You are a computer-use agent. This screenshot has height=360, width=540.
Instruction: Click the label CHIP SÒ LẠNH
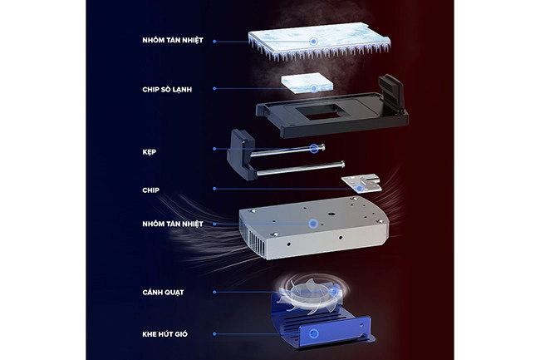point(167,90)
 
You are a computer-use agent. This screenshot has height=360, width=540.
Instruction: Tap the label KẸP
point(149,152)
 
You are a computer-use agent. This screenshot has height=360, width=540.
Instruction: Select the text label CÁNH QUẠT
point(163,293)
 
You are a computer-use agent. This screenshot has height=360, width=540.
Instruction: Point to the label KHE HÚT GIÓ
point(165,334)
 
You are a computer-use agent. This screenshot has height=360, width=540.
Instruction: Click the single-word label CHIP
point(151,190)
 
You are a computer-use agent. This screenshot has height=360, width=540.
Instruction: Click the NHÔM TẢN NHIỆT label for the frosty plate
point(173,40)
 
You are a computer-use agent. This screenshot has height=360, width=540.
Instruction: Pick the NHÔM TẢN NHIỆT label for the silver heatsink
point(173,224)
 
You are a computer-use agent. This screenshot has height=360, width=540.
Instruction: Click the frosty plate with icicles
point(319,42)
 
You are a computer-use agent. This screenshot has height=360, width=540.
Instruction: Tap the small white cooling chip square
point(307,83)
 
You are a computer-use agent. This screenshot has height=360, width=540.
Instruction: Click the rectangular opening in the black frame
point(320,112)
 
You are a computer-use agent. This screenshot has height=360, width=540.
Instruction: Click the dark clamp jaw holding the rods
point(241,155)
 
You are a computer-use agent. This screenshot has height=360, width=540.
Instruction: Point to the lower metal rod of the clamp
point(300,169)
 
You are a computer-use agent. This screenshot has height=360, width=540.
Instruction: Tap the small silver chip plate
point(361,184)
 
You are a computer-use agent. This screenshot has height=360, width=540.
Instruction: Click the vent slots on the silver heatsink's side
point(258,243)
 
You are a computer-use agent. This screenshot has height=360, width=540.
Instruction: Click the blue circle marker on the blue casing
point(314,333)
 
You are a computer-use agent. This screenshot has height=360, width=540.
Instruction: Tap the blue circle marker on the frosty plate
point(313,42)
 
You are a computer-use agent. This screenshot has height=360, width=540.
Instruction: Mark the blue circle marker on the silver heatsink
point(313,224)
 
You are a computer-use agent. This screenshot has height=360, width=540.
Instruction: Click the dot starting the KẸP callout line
point(214,149)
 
